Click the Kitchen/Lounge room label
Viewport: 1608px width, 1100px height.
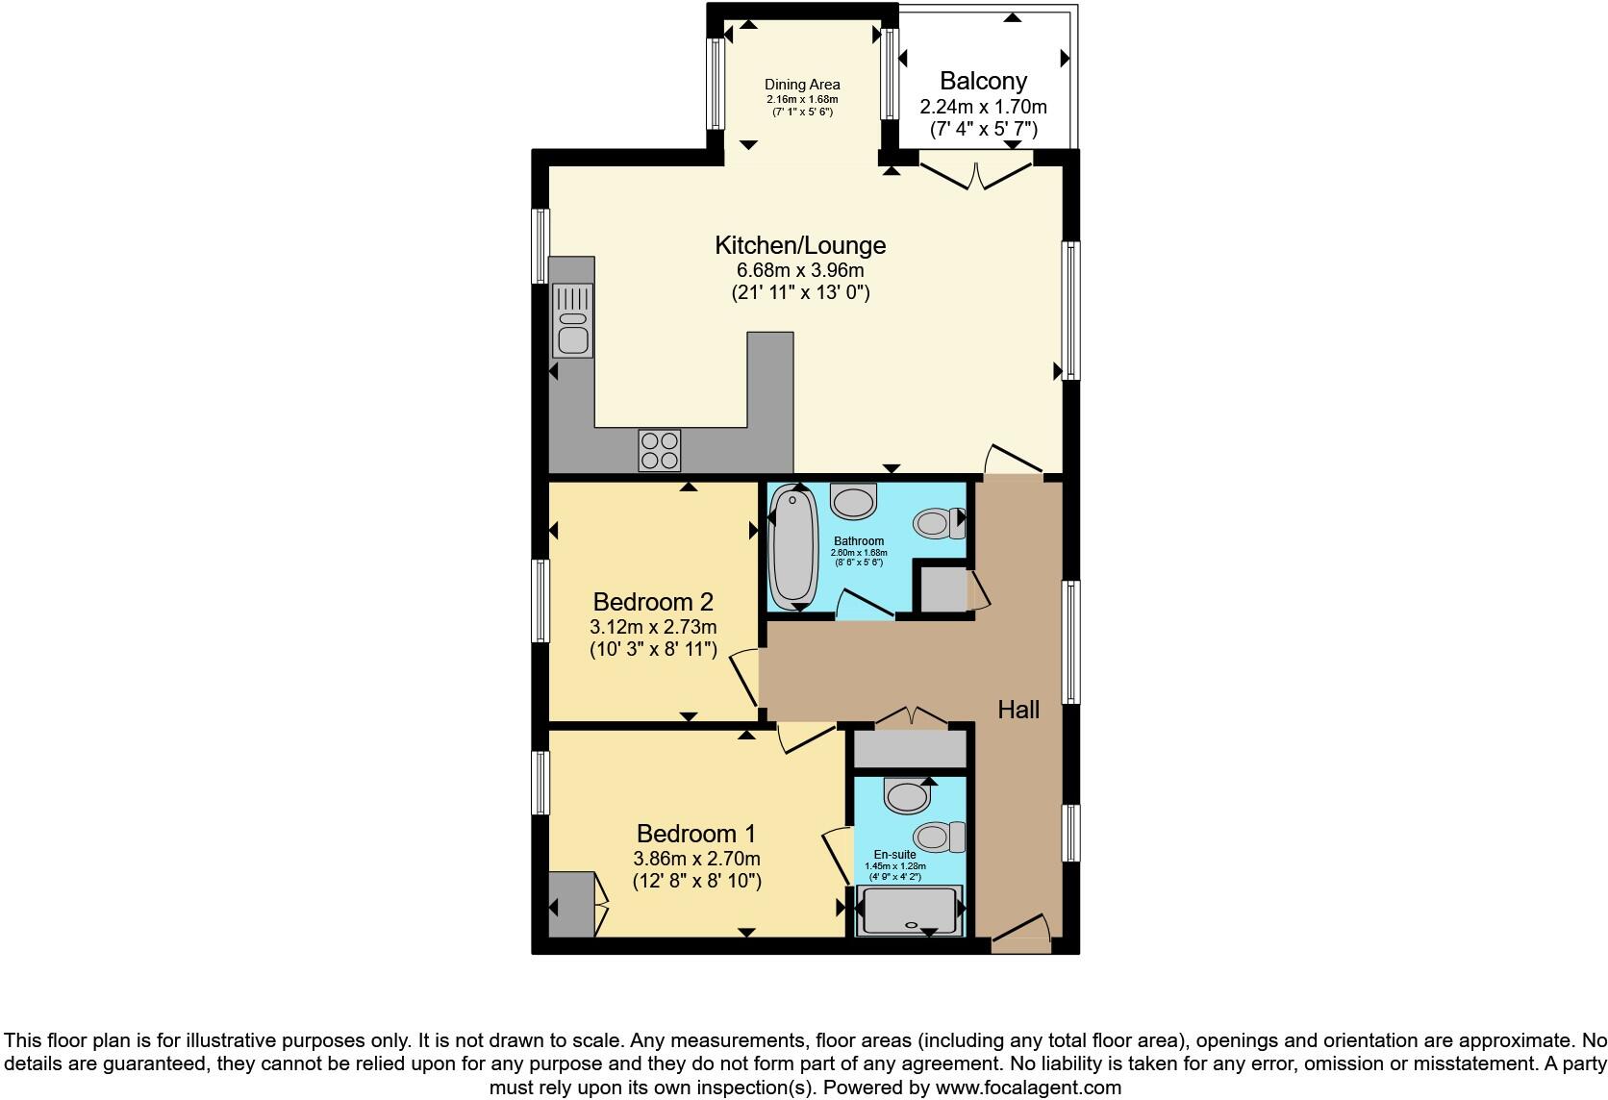tap(799, 245)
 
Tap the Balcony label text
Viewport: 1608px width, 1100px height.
tap(983, 81)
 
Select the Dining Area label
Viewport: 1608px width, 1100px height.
tap(802, 85)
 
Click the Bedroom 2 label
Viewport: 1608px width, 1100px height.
tap(653, 602)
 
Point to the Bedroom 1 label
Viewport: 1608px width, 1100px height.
tap(696, 833)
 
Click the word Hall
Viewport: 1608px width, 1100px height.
tap(1018, 710)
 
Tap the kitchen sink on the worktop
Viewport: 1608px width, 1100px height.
tap(572, 320)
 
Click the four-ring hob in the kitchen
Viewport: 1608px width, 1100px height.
tap(660, 450)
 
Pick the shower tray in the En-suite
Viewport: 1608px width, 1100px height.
tap(908, 911)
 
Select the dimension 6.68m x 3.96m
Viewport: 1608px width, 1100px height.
tap(799, 270)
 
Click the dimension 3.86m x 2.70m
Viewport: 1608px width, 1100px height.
tap(696, 859)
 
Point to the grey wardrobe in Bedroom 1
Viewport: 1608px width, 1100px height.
tap(571, 904)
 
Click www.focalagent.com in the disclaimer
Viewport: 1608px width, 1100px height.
tap(1028, 1087)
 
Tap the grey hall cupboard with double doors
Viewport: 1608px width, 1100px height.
tap(910, 749)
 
